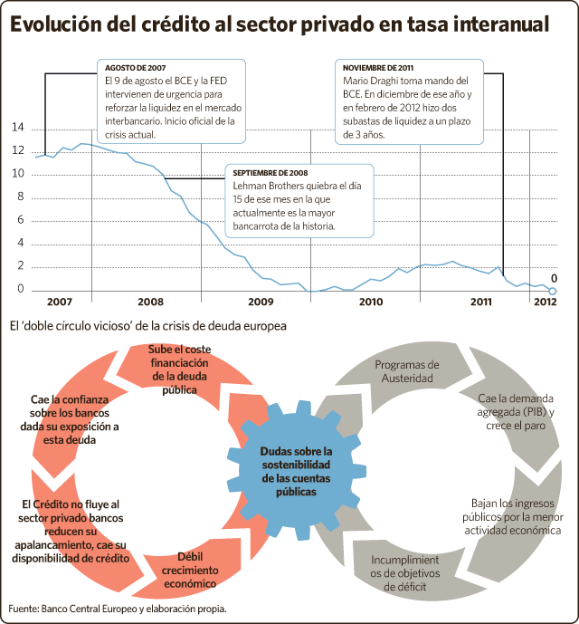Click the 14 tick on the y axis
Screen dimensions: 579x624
tap(18, 128)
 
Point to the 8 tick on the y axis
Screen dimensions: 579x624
tap(20, 197)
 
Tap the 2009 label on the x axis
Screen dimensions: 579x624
tap(261, 302)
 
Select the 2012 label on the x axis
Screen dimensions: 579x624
tap(545, 302)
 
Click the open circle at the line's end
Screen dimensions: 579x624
tap(553, 291)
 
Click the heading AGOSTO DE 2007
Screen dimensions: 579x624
tap(135, 68)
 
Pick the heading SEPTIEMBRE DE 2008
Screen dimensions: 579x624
tap(271, 173)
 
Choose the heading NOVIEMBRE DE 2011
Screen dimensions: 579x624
tap(378, 68)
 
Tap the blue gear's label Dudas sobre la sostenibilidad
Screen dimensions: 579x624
tap(296, 458)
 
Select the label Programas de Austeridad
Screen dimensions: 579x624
tap(407, 371)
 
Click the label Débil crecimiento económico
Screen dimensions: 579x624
tap(190, 570)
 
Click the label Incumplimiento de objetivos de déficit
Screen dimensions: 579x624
tap(404, 573)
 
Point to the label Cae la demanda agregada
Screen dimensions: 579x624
tap(516, 405)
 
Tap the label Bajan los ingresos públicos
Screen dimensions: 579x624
tap(513, 510)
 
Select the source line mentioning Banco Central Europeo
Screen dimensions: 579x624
tap(118, 609)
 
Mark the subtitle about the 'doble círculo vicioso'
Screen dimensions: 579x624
tap(148, 326)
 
